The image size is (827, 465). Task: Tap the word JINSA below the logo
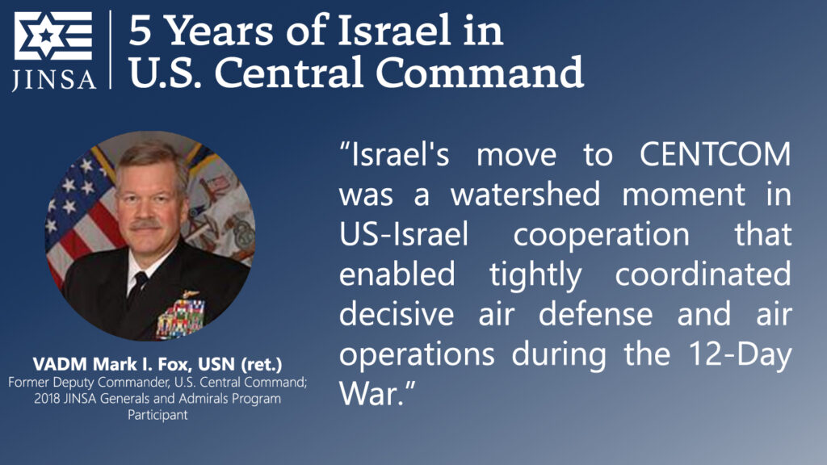coord(53,79)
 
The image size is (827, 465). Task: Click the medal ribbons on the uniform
coord(178,316)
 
